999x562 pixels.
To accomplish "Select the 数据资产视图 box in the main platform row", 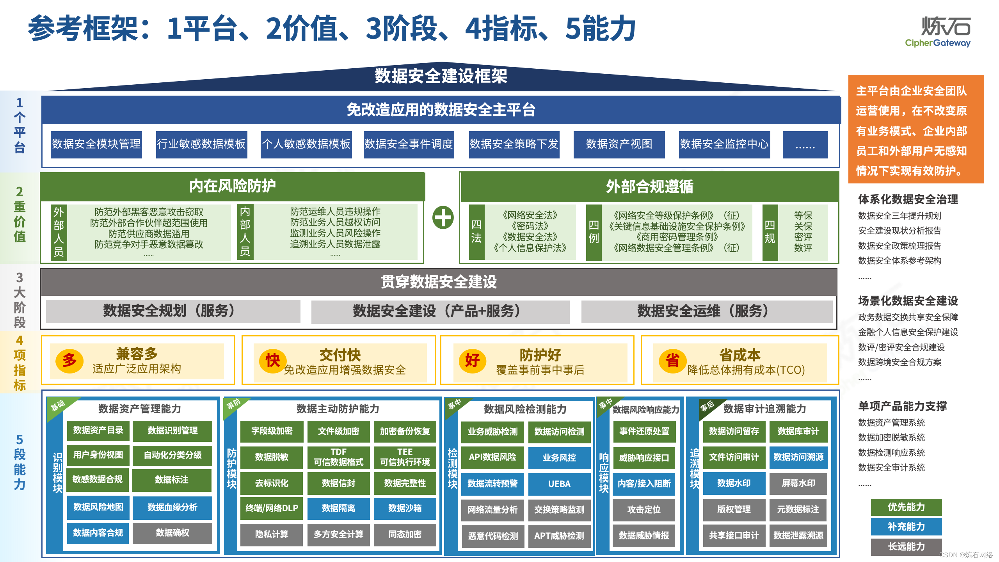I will (619, 144).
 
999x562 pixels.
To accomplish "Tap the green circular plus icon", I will (443, 217).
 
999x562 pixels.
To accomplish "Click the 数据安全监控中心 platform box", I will (724, 144).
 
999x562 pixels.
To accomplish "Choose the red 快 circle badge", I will (273, 360).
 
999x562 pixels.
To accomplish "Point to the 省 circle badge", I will (672, 360).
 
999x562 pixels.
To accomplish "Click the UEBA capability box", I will (559, 484).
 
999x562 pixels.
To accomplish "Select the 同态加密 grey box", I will (405, 534).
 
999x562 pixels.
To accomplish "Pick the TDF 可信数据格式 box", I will (338, 457).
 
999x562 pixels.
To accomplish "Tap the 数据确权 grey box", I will (172, 533).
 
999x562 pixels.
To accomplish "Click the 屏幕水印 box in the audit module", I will (798, 483).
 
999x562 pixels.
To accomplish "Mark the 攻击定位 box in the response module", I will (644, 510).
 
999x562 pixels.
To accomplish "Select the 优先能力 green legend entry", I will (906, 507).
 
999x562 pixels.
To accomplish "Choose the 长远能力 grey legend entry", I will (906, 546).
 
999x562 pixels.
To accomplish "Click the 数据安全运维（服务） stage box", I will (706, 311).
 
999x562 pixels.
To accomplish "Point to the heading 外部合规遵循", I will (649, 187).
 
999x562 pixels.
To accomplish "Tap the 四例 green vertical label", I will (594, 232).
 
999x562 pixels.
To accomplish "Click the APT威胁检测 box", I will (559, 536).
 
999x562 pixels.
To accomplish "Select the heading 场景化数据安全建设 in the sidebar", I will (908, 301).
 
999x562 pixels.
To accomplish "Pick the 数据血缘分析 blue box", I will (172, 507).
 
